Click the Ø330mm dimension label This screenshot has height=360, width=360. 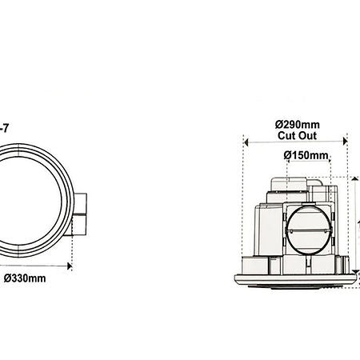(x=24, y=278)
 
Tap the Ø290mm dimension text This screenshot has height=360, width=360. (x=298, y=124)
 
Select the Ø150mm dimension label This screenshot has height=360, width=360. (x=306, y=155)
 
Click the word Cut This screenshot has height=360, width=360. (x=287, y=136)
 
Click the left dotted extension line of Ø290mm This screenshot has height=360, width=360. (x=243, y=208)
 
